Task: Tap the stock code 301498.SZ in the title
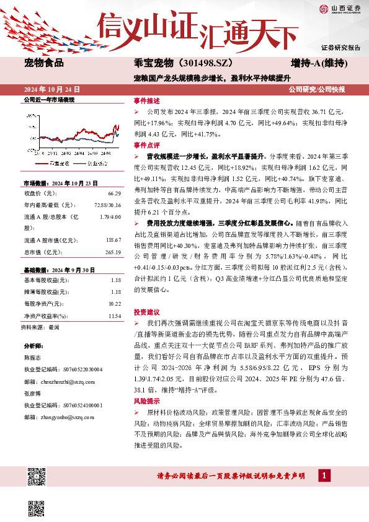[208, 63]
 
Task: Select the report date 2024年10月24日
[51, 90]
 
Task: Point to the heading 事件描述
[147, 100]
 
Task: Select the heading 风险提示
[147, 402]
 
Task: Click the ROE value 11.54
[114, 316]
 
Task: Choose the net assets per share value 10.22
[114, 304]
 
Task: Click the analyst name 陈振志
[32, 358]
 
